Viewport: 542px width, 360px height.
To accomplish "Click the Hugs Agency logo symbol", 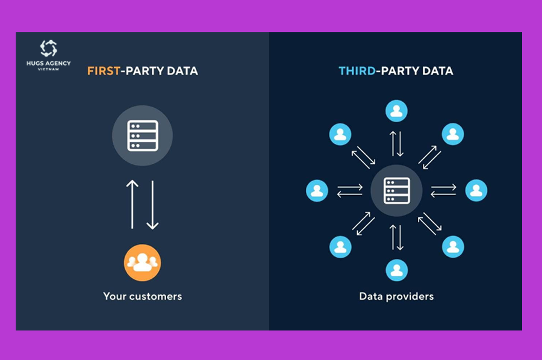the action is tap(48, 48).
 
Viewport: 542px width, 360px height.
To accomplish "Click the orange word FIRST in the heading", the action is tap(104, 71).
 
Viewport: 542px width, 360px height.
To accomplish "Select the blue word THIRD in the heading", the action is tap(357, 71).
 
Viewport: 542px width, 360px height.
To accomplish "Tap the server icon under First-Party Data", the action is tap(142, 135).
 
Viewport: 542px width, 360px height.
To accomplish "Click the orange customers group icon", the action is tap(142, 262).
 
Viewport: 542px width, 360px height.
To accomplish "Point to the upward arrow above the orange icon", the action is tap(132, 204).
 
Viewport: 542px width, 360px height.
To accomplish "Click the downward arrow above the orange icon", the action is tap(152, 205).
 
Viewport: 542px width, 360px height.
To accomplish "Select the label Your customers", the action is tap(142, 296).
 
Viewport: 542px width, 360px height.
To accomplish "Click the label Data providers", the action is tap(396, 296).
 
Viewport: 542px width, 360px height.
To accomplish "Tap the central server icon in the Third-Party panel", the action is tap(396, 190).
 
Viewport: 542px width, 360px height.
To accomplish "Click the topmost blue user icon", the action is tap(396, 111).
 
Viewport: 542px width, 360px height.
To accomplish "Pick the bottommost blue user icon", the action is tap(396, 270).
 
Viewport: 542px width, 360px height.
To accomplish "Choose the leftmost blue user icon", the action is tap(317, 190).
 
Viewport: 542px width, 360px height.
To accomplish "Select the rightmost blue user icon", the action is tap(476, 190).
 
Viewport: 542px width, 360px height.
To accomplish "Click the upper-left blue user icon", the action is tap(340, 134).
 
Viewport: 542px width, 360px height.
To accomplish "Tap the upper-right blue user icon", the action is tap(453, 134).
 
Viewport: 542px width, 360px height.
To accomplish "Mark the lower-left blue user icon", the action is tap(340, 247).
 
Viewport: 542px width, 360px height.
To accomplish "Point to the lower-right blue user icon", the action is tap(453, 247).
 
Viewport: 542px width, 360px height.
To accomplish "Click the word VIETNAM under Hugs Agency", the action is tap(48, 69).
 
